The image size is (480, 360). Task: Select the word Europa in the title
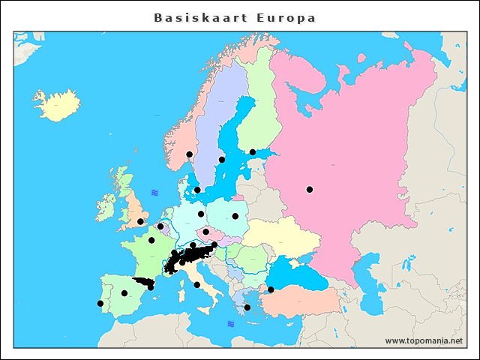286,17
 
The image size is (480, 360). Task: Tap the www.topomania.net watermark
424,340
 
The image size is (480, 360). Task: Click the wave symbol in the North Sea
154,193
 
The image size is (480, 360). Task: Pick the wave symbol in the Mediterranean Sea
231,324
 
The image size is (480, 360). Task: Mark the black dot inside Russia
309,189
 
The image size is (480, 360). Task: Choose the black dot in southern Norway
189,154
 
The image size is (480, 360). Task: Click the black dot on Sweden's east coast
221,159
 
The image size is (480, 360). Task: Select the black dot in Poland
235,216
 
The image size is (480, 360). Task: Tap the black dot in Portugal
100,303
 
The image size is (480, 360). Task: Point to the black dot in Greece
247,307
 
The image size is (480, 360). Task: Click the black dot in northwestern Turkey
271,289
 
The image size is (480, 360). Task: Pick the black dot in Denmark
197,190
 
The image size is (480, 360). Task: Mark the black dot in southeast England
140,221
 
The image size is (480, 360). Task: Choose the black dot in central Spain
124,293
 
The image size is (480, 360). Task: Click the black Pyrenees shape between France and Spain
142,282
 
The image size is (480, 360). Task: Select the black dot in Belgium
160,226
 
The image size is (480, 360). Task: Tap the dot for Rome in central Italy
196,284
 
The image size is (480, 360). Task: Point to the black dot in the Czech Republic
205,232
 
